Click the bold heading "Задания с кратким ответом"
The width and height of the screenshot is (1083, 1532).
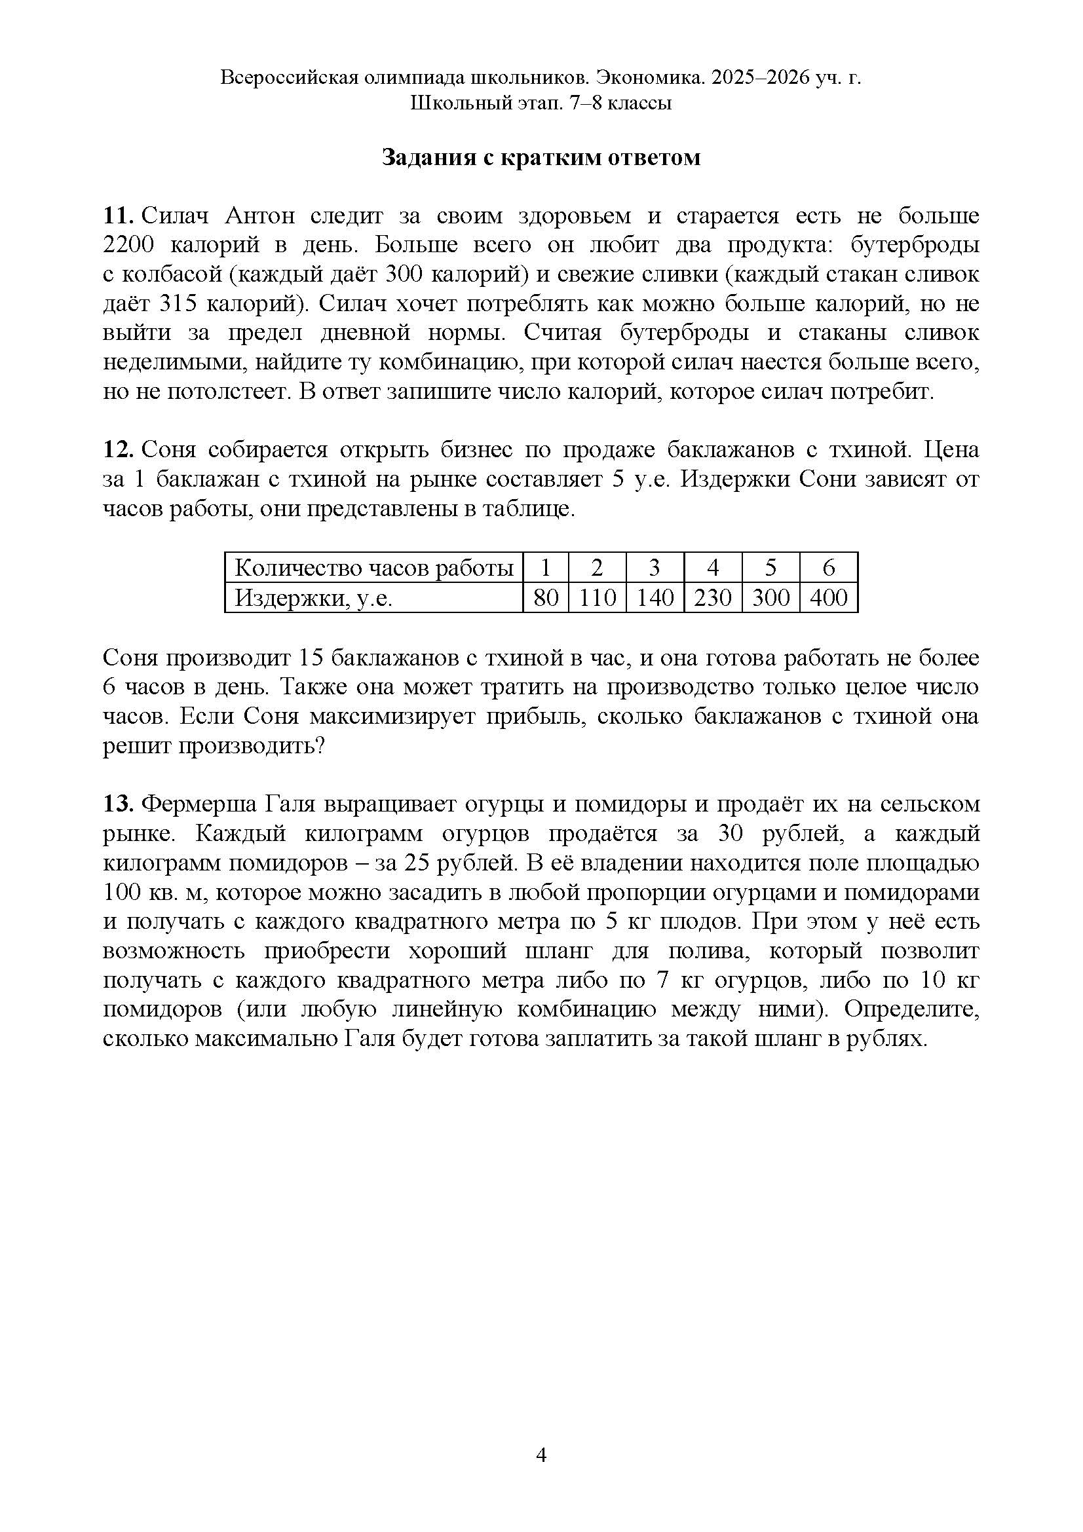pos(541,157)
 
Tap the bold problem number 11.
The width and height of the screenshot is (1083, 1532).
pos(119,216)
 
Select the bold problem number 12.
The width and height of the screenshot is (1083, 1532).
pos(119,451)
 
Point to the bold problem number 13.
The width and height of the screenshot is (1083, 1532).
pos(119,804)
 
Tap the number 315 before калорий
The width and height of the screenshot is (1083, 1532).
pos(178,304)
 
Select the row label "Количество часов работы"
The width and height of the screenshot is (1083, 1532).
pos(373,568)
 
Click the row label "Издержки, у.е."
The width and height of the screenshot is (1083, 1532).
pos(314,598)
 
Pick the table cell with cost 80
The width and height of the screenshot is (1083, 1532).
pos(546,598)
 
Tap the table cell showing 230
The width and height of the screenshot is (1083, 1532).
pos(713,598)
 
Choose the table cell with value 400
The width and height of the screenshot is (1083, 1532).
pos(828,598)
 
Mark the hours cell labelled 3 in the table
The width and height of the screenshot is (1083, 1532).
pos(655,568)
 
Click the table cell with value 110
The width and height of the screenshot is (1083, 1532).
pos(598,598)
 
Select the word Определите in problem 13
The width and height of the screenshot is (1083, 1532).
pos(911,1009)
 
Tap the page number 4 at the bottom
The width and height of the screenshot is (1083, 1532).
pos(541,1455)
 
